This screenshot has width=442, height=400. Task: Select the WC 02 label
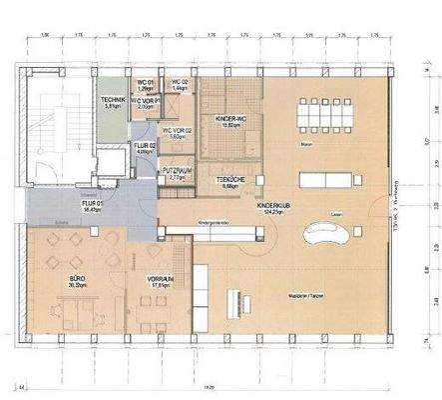tap(181, 83)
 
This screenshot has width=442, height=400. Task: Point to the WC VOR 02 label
tap(177, 131)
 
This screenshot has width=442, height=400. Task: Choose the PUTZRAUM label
tap(177, 170)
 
